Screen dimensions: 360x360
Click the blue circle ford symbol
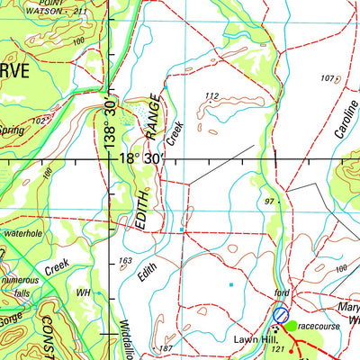[x=281, y=315]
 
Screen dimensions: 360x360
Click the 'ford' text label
[x=282, y=294]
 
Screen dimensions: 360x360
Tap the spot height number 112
[x=212, y=96]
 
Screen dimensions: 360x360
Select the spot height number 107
[x=326, y=78]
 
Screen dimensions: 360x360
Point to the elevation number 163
[x=125, y=262]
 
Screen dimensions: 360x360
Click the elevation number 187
[x=165, y=347]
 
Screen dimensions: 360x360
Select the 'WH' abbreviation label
[x=84, y=293]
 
